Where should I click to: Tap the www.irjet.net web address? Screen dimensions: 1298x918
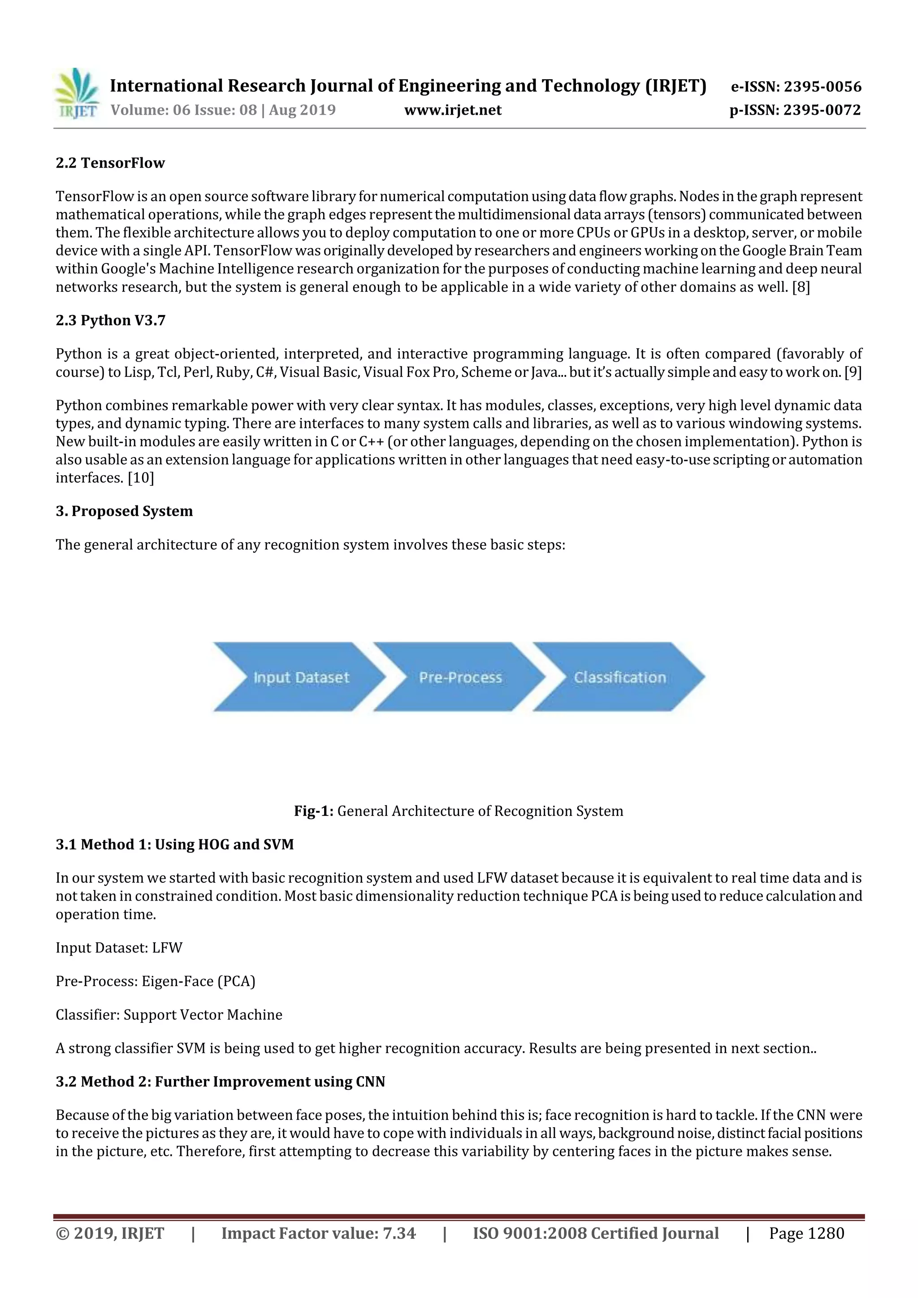coord(452,110)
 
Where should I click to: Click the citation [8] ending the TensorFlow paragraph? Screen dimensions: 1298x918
coord(801,287)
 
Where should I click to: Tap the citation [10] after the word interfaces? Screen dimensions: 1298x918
coord(141,478)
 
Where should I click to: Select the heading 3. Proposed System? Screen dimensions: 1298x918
coord(124,511)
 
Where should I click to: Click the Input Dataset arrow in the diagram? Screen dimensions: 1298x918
coord(300,677)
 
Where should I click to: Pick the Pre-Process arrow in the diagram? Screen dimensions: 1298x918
coord(460,677)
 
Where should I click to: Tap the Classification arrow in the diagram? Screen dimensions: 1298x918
coord(619,677)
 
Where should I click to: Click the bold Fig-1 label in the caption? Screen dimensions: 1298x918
coord(314,811)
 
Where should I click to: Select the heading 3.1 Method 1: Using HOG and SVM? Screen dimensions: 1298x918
coord(175,845)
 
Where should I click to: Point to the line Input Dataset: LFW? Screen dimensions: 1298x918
coord(119,948)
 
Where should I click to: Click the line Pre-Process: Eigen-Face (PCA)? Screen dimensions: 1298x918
coord(155,981)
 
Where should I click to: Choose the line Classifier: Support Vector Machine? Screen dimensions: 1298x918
coord(169,1015)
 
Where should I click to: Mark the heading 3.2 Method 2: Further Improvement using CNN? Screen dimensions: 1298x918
coord(220,1082)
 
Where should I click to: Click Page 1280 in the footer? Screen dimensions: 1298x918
coord(806,1233)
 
